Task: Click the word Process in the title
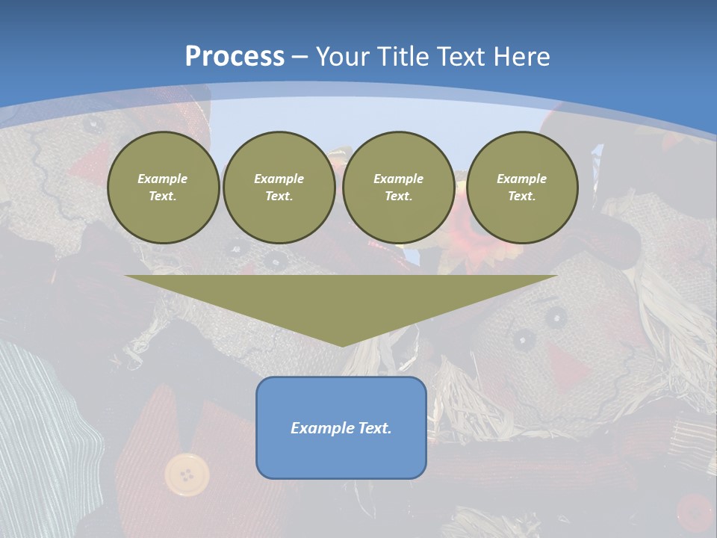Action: (x=235, y=57)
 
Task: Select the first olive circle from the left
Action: (x=163, y=188)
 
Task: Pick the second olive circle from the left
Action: (x=279, y=188)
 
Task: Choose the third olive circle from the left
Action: (x=398, y=188)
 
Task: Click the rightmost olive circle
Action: (x=522, y=188)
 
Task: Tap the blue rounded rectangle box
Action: (x=341, y=427)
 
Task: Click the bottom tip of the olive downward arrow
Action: (x=342, y=346)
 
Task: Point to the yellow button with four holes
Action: (x=187, y=474)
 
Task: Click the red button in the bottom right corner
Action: (x=695, y=513)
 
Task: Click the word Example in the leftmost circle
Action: (x=163, y=179)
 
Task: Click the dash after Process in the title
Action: (x=299, y=57)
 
